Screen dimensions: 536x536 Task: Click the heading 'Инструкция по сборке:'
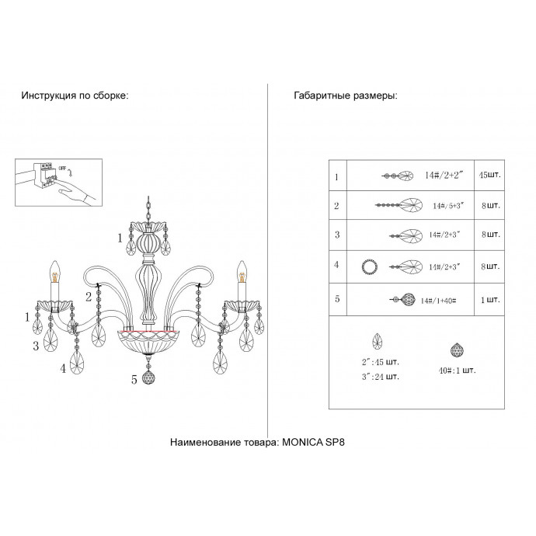pyautogui.click(x=75, y=96)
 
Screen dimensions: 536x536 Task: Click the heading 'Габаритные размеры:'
pyautogui.click(x=346, y=96)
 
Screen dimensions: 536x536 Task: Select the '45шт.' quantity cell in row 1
pyautogui.click(x=490, y=176)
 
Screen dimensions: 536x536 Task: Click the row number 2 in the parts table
pyautogui.click(x=336, y=206)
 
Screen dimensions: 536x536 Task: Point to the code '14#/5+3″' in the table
pyautogui.click(x=449, y=207)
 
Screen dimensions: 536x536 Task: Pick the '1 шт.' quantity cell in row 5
pyautogui.click(x=490, y=299)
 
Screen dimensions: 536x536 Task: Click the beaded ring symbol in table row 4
pyautogui.click(x=370, y=268)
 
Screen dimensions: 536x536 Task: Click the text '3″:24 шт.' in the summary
pyautogui.click(x=381, y=377)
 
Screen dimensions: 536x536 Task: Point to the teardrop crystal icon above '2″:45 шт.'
pyautogui.click(x=379, y=341)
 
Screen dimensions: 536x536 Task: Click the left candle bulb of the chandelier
pyautogui.click(x=56, y=271)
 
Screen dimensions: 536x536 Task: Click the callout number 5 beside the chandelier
pyautogui.click(x=134, y=379)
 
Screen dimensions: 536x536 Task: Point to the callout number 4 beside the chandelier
pyautogui.click(x=64, y=369)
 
